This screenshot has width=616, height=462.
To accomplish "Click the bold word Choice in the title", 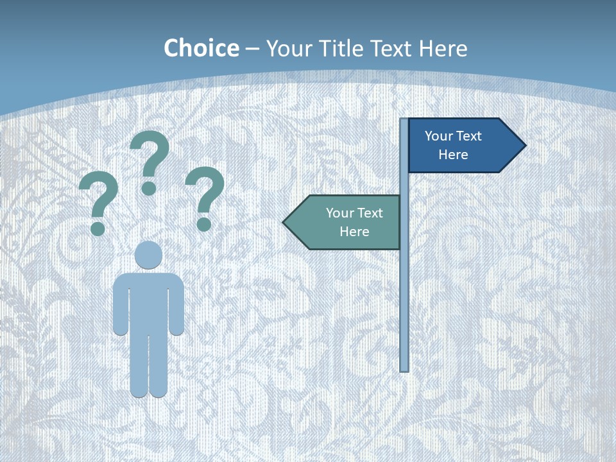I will coord(201,48).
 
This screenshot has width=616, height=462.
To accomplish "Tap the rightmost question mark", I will coord(205,198).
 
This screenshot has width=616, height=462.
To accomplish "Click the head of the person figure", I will coord(149,255).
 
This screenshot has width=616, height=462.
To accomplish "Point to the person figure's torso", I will coord(149,302).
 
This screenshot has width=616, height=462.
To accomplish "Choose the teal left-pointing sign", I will coord(346,222).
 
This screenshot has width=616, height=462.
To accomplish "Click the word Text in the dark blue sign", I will coord(468,136).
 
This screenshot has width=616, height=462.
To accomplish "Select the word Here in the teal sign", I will coord(354,232).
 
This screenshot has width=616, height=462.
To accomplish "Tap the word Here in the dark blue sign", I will coord(453,155).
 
